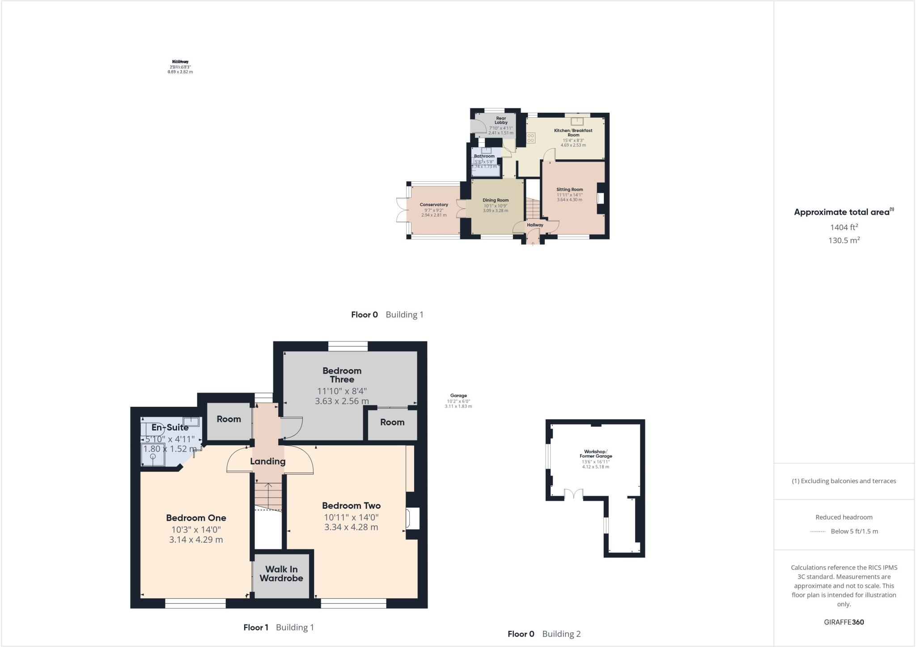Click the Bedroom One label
click(196, 518)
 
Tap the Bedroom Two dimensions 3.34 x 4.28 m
click(351, 527)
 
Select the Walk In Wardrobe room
click(281, 574)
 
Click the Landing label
click(267, 461)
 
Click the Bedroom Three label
click(342, 375)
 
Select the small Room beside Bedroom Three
click(392, 422)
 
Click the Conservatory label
click(434, 204)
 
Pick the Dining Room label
click(496, 200)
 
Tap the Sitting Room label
click(570, 189)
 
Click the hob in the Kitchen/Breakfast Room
click(531, 138)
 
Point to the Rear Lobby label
click(501, 120)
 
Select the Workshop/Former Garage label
click(596, 454)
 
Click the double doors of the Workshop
click(573, 494)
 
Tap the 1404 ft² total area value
click(844, 227)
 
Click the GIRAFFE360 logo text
click(844, 622)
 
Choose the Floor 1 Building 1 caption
click(279, 627)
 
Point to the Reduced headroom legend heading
click(844, 517)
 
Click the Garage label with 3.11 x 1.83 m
click(458, 396)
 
